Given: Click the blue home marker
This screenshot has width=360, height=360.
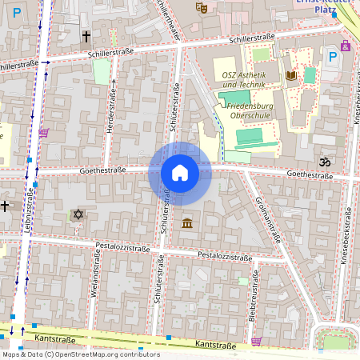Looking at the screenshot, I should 180,173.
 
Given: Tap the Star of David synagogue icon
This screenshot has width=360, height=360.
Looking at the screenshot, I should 78,214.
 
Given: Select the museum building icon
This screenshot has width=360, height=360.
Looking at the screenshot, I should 186,222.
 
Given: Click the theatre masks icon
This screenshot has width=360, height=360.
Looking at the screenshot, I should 202,7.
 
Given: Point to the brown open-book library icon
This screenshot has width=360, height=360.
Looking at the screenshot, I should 291,75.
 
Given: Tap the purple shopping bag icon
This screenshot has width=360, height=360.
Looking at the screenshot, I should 346,46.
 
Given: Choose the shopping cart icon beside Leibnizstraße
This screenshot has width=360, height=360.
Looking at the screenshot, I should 43,133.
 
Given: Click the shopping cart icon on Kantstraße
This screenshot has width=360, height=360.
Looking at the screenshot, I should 256,341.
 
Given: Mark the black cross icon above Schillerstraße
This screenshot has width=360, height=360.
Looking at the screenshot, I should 86,36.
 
